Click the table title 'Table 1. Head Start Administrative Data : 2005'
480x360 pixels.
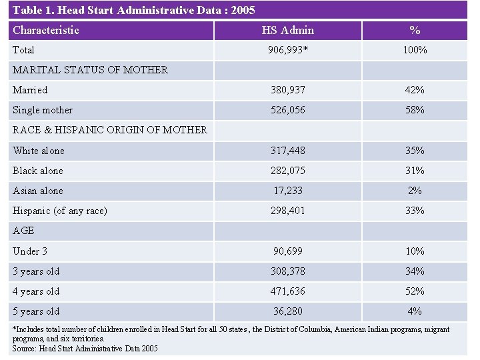click(x=133, y=10)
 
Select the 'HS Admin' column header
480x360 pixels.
click(x=287, y=30)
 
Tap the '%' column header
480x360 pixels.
click(x=415, y=30)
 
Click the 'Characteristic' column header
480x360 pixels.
click(x=46, y=30)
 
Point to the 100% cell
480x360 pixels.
click(x=415, y=50)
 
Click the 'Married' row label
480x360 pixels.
click(x=30, y=90)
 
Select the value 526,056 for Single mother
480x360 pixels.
click(x=287, y=110)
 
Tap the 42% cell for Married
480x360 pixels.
click(x=415, y=90)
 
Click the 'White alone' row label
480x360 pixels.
click(x=39, y=151)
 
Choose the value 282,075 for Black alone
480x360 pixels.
click(x=287, y=171)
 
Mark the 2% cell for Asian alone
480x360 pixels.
click(x=415, y=191)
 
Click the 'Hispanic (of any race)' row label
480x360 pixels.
click(x=60, y=211)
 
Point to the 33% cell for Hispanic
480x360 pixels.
click(x=415, y=211)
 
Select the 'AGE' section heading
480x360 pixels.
click(x=23, y=231)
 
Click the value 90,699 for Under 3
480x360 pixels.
click(x=287, y=251)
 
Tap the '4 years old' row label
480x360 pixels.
click(x=36, y=291)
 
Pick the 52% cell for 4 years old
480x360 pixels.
click(x=415, y=291)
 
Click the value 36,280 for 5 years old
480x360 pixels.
click(x=287, y=311)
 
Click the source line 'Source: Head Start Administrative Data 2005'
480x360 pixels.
click(x=85, y=348)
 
